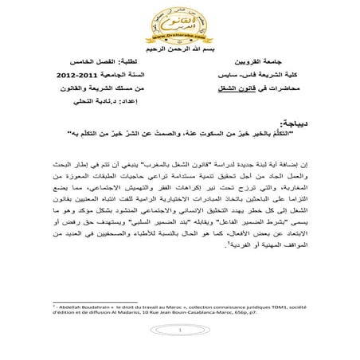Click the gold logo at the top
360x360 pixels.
click(x=179, y=25)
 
